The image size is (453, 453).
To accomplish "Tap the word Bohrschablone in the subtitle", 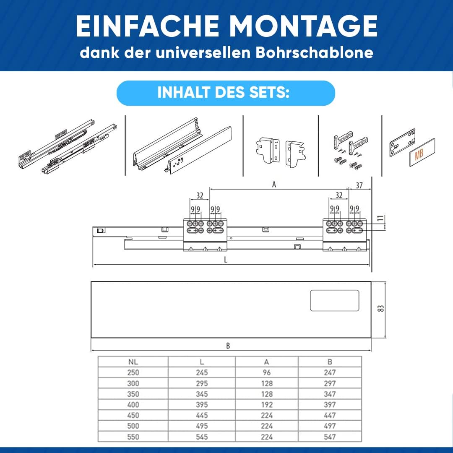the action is click(x=314, y=52).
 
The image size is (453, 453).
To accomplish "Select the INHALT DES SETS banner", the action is click(x=226, y=93).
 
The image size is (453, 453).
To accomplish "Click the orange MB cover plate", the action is click(x=422, y=152).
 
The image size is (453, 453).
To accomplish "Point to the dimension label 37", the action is click(x=359, y=185).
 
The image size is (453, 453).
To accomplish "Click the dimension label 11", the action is click(x=381, y=218).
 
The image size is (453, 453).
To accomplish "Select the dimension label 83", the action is click(x=381, y=309).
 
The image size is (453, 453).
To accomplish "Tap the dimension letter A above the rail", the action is click(x=274, y=184).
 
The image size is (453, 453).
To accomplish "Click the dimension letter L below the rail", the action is click(x=226, y=260).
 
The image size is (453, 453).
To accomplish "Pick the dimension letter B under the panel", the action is click(x=228, y=346).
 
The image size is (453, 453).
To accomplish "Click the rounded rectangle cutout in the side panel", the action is click(x=335, y=301).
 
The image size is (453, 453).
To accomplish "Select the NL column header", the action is click(x=133, y=362).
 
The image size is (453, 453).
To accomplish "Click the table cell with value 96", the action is click(x=267, y=372).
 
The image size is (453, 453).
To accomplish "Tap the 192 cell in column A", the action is click(x=267, y=404).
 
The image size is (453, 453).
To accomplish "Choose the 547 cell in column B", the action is click(x=330, y=437).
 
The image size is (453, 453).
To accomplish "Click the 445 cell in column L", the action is click(x=202, y=415).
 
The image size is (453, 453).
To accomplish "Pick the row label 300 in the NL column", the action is click(x=133, y=383).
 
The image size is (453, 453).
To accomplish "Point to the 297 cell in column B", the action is click(x=330, y=383).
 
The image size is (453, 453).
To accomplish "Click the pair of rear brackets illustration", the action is click(x=281, y=152).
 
